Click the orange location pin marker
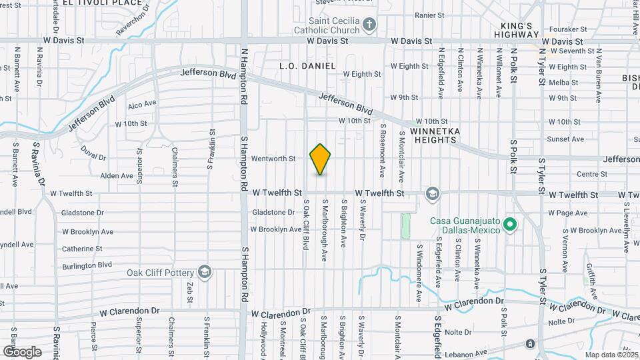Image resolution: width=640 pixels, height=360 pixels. coord(321,159)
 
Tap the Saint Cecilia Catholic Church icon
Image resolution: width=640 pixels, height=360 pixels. coord(369,26)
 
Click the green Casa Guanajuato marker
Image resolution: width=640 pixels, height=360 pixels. coord(511,224)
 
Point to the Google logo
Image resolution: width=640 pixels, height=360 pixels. coord(22,351)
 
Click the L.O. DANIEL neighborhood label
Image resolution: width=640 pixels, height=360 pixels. coord(307,65)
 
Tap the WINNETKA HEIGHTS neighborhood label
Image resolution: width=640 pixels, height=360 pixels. coord(436,135)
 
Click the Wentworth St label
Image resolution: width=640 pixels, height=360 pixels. coord(273,159)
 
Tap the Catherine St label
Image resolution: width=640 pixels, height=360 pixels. coord(82,249)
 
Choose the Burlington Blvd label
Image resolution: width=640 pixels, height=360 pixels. coord(87,265)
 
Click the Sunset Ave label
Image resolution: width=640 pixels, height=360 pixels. coord(565,139)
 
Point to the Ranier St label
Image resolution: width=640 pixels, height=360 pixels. coord(429,15)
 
